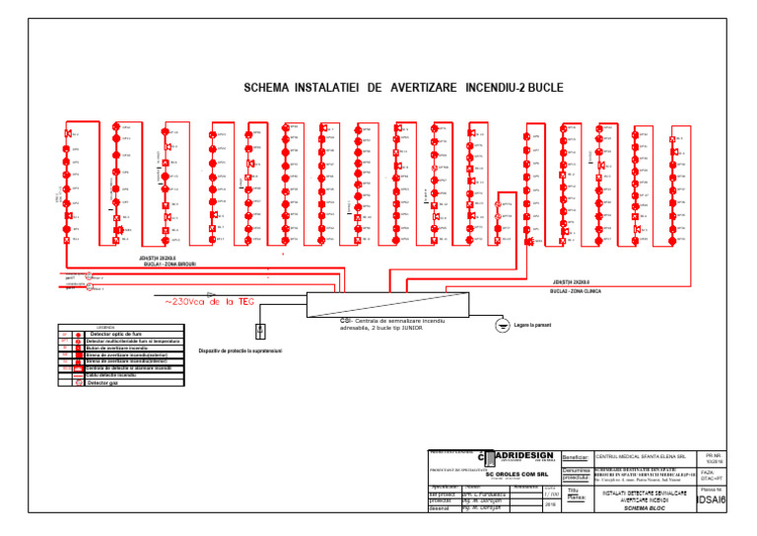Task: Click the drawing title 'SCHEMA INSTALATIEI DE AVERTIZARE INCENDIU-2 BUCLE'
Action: (403, 88)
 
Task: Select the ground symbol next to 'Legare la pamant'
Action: (503, 326)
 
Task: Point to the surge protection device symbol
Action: (261, 331)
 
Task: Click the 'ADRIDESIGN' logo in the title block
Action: (520, 455)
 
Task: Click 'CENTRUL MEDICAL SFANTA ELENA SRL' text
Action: (640, 457)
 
